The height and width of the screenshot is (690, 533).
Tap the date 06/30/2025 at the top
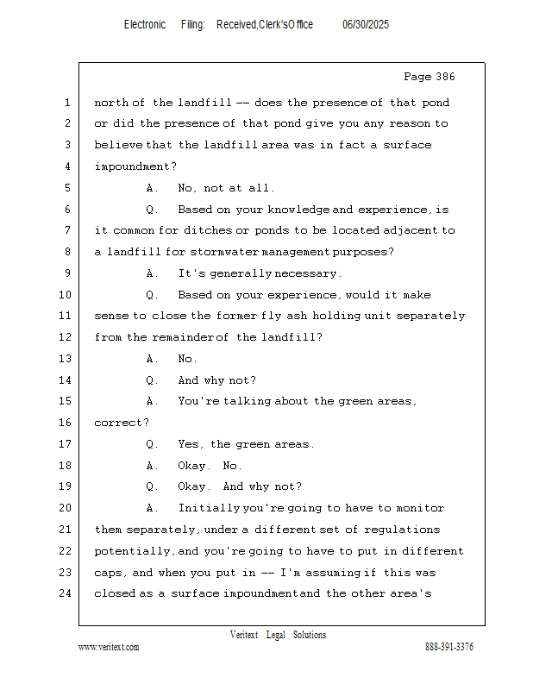[366, 25]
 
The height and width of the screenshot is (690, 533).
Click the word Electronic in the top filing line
[145, 25]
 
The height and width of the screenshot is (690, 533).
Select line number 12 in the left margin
[66, 337]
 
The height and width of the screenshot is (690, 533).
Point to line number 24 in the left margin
[66, 593]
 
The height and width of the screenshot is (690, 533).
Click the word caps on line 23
[109, 572]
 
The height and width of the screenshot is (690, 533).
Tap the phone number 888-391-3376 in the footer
[449, 647]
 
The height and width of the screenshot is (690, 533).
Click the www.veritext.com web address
[109, 647]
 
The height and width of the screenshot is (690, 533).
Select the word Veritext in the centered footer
[244, 635]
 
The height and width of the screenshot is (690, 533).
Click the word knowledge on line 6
[298, 210]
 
